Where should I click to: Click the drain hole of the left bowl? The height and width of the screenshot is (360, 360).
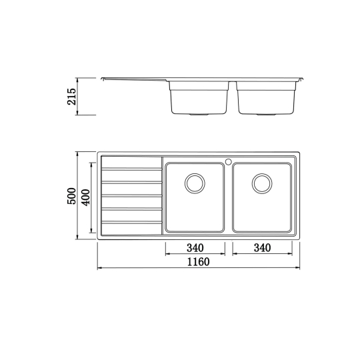(195, 183)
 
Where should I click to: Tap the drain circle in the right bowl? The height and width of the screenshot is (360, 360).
(262, 183)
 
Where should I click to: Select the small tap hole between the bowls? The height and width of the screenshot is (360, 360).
(228, 161)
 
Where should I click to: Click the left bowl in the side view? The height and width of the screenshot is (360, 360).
(198, 98)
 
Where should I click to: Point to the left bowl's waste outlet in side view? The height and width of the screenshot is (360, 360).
(198, 115)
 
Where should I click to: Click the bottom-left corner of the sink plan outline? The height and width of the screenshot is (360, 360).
(99, 239)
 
